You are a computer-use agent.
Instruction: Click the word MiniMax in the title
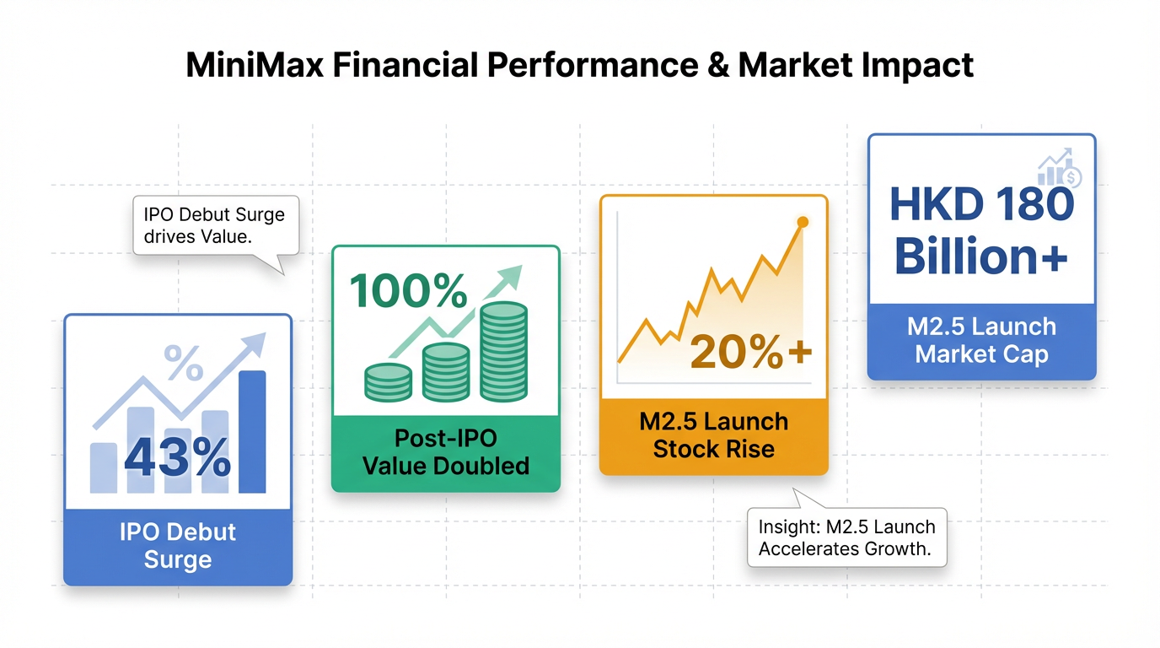[x=255, y=65]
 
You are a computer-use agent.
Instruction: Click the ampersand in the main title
[x=718, y=65]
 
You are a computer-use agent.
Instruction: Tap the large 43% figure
[x=178, y=457]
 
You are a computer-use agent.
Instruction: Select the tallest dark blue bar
[x=252, y=432]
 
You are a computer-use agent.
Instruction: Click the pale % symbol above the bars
[x=183, y=363]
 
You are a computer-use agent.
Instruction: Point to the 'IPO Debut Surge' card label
[x=178, y=546]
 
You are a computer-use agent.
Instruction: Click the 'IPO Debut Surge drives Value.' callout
[x=216, y=226]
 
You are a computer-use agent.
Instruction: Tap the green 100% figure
[x=408, y=290]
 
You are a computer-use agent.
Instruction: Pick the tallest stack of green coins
[x=503, y=352]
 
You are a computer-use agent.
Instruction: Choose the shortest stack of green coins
[x=388, y=382]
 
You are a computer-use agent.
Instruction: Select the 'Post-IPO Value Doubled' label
[x=446, y=452]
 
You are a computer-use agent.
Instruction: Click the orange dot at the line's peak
[x=803, y=222]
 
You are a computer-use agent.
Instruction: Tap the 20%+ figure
[x=751, y=352]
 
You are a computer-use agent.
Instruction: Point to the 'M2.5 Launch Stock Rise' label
[x=713, y=435]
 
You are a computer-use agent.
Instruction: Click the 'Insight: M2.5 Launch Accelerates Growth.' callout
[x=847, y=537]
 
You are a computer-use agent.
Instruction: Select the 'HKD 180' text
[x=982, y=204]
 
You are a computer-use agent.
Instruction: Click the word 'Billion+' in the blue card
[x=980, y=256]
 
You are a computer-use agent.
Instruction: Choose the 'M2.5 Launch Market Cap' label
[x=982, y=341]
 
